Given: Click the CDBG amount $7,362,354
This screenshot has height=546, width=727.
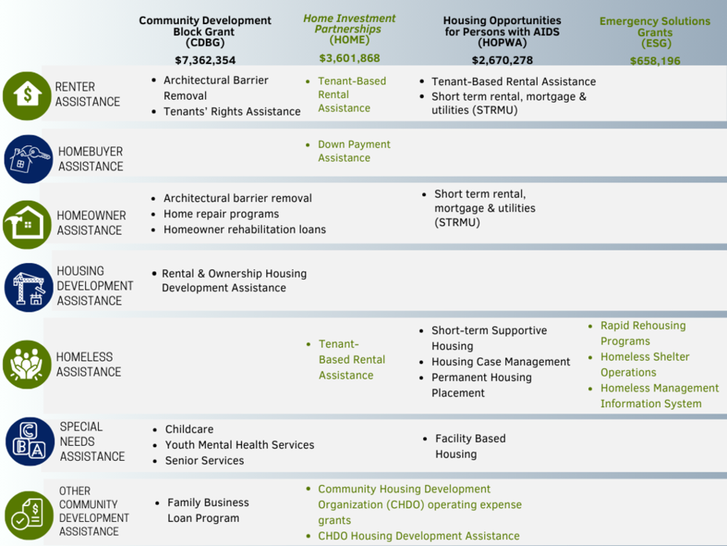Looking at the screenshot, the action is click(205, 60).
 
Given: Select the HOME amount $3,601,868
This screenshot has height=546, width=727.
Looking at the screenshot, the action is click(350, 58).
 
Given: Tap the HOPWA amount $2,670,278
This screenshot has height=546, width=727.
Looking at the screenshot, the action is click(502, 60).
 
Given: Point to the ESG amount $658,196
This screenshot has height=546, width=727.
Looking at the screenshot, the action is click(655, 61).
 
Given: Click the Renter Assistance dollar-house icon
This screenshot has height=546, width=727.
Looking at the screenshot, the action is click(27, 95).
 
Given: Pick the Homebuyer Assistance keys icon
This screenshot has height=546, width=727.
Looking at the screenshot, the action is click(29, 159).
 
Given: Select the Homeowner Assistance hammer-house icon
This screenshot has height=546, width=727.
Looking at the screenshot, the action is click(27, 225).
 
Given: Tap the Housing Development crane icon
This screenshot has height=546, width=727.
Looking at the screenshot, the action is click(29, 287).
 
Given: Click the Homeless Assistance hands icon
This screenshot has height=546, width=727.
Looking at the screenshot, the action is click(27, 364).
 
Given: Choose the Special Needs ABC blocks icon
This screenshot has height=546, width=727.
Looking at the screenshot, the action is click(30, 441).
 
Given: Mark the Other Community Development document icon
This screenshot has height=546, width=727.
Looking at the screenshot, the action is click(29, 515).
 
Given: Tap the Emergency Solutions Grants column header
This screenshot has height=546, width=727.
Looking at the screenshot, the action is click(655, 33).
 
